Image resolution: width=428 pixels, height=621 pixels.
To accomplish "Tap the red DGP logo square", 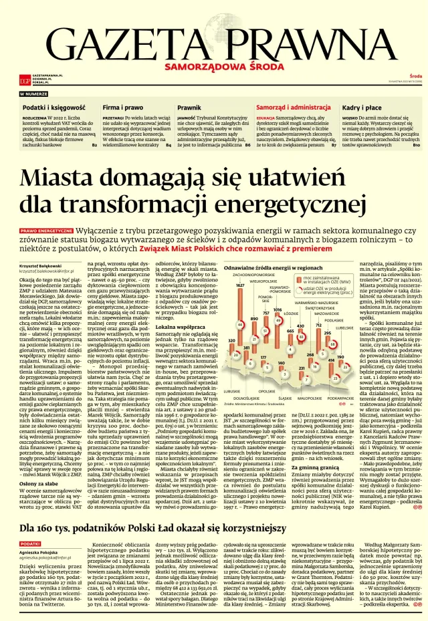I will click(25, 81).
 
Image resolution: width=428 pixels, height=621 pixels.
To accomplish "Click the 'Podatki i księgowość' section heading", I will click(53, 107).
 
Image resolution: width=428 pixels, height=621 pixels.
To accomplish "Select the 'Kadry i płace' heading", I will click(362, 107).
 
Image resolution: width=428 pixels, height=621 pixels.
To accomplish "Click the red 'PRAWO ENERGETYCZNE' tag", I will click(45, 229).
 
